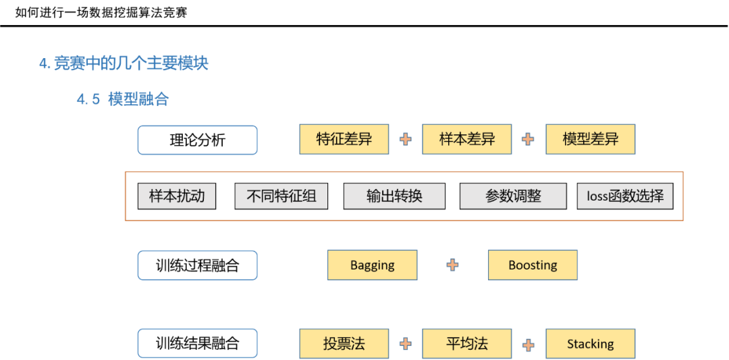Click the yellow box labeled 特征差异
pyautogui.click(x=344, y=139)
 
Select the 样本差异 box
pyautogui.click(x=467, y=139)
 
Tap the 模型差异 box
pyautogui.click(x=591, y=139)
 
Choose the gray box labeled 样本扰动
pyautogui.click(x=177, y=197)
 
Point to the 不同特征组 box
pyautogui.click(x=281, y=197)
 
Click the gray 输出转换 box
pyautogui.click(x=394, y=197)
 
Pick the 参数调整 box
pyautogui.click(x=513, y=197)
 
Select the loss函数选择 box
pyautogui.click(x=625, y=197)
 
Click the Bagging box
pyautogui.click(x=373, y=265)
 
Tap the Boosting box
pyautogui.click(x=533, y=265)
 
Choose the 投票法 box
pyautogui.click(x=344, y=344)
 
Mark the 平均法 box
pyautogui.click(x=467, y=344)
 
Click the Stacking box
pyautogui.click(x=591, y=344)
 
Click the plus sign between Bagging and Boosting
pyautogui.click(x=453, y=265)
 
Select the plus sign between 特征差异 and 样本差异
pyautogui.click(x=406, y=139)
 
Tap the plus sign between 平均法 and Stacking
pyautogui.click(x=529, y=344)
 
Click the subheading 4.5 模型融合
pyautogui.click(x=122, y=99)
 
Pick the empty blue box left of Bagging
pyautogui.click(x=198, y=265)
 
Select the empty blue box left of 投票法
pyautogui.click(x=198, y=343)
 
